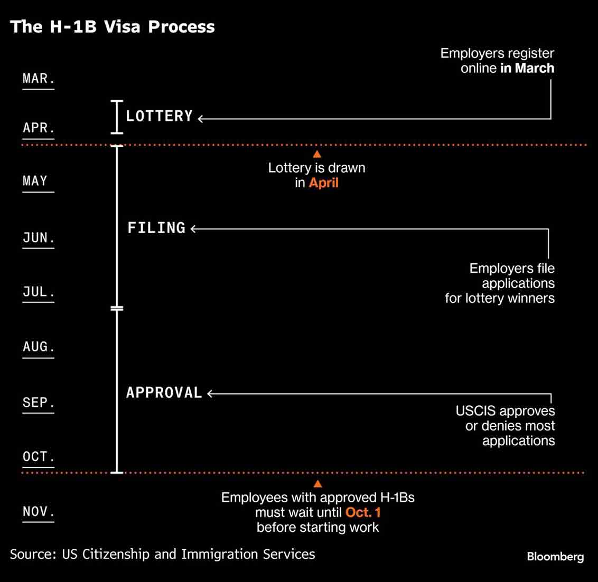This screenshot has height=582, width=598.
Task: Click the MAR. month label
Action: coord(39,79)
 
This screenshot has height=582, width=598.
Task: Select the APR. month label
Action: coord(39,128)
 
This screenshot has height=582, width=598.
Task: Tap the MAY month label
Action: coord(35,180)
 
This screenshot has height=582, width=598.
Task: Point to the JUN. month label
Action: coord(39,237)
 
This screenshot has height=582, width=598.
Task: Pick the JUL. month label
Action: coord(39,292)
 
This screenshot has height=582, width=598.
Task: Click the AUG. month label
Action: coord(39,347)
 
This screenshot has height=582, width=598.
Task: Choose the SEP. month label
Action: coord(39,402)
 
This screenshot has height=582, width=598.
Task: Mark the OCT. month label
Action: coord(39,456)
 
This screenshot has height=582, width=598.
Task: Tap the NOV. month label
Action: coord(39,511)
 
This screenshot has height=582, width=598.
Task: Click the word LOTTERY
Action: coord(160,116)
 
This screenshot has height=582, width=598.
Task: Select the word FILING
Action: coord(156,228)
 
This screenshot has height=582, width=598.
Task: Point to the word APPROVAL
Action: coord(164,393)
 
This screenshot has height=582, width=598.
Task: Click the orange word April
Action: coord(324,183)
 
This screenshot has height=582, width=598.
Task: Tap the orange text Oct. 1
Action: coord(363,512)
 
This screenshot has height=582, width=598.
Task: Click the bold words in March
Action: coord(527,68)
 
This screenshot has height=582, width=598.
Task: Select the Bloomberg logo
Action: coord(555,557)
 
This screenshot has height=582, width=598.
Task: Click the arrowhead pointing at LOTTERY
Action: coord(201,119)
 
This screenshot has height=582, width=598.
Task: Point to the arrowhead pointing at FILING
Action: coord(193,229)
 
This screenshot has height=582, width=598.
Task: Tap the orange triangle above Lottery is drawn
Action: coord(317,154)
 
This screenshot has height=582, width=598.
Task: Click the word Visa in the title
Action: coord(122,27)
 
